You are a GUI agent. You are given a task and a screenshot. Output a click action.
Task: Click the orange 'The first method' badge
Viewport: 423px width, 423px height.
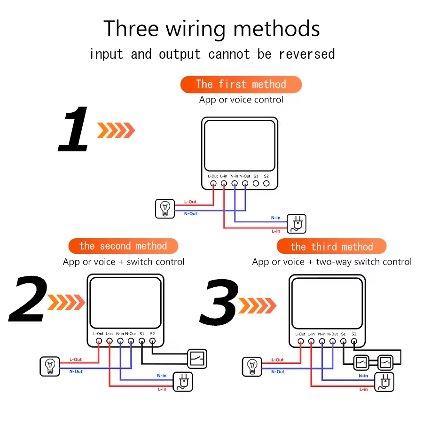(x=241, y=85)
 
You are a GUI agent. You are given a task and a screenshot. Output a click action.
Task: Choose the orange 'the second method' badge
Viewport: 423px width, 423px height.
(x=123, y=246)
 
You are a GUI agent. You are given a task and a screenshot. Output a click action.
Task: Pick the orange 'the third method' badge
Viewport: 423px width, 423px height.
(x=331, y=247)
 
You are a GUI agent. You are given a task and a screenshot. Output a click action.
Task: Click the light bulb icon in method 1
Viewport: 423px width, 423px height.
(x=164, y=208)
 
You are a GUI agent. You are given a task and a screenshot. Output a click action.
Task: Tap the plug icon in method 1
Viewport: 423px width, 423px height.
(x=297, y=224)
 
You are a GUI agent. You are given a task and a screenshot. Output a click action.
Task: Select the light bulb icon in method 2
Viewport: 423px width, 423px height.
(x=49, y=366)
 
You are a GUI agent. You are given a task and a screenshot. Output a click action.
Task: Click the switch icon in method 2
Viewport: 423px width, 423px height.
(x=197, y=359)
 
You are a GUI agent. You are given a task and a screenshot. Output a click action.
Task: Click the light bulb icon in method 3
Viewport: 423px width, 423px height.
(x=252, y=366)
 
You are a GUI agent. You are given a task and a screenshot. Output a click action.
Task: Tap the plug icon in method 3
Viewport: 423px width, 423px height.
(x=384, y=382)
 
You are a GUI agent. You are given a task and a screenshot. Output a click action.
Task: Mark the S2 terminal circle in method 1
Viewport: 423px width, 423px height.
(x=266, y=184)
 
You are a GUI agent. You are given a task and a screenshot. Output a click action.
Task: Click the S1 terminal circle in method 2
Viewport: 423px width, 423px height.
(x=141, y=341)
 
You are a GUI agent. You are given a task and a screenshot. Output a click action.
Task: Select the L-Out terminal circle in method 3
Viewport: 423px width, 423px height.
(x=300, y=342)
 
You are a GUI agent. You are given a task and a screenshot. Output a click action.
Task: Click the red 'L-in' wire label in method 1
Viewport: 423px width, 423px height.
(x=276, y=231)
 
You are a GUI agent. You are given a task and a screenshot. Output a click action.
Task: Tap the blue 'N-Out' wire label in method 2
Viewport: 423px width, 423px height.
(x=76, y=372)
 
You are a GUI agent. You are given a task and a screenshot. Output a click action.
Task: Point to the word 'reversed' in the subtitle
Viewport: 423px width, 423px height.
(x=307, y=54)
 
